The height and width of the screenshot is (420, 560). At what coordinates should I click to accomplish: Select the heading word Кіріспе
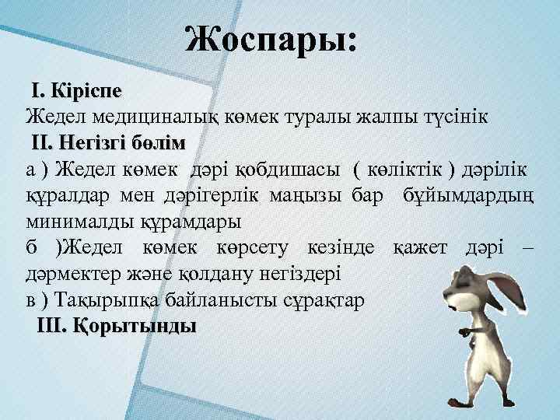click(88, 91)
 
